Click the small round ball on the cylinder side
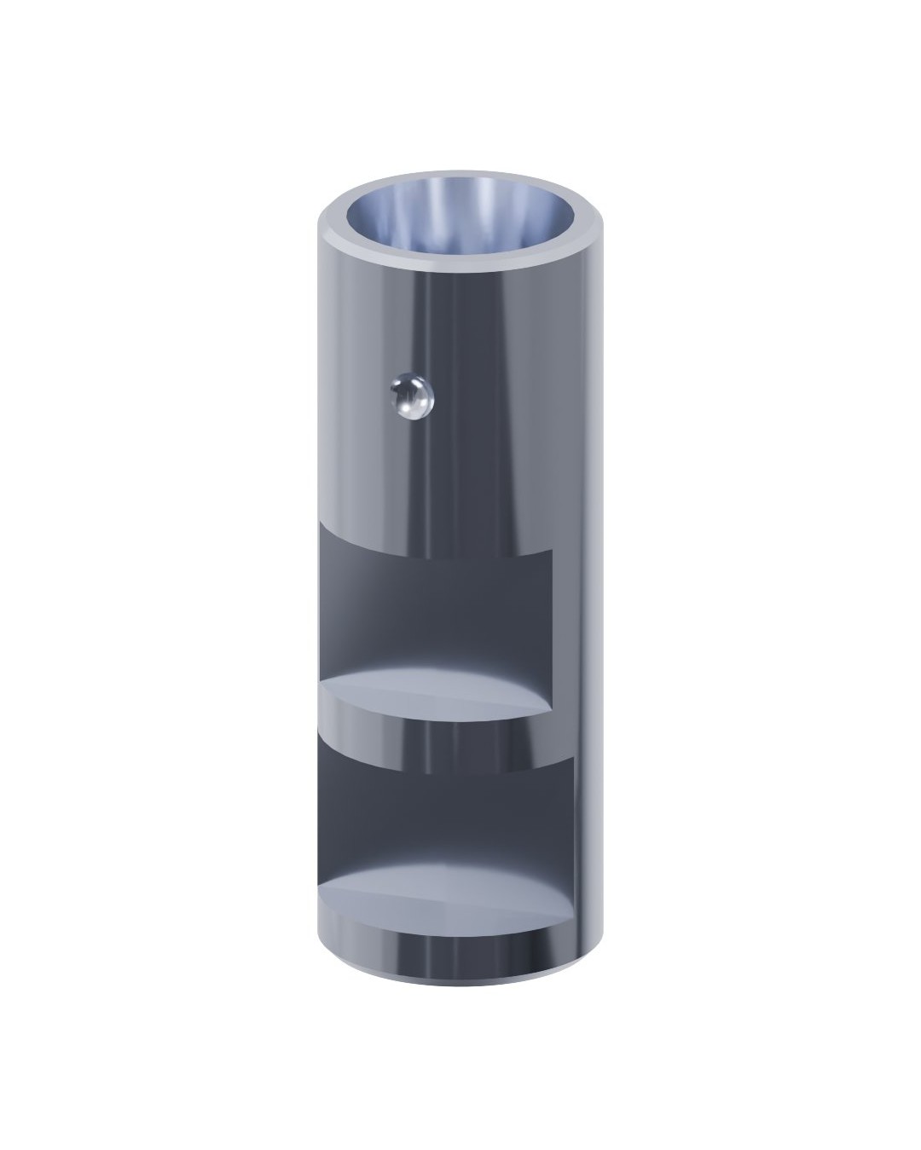point(411,397)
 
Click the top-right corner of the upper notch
point(553,551)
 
